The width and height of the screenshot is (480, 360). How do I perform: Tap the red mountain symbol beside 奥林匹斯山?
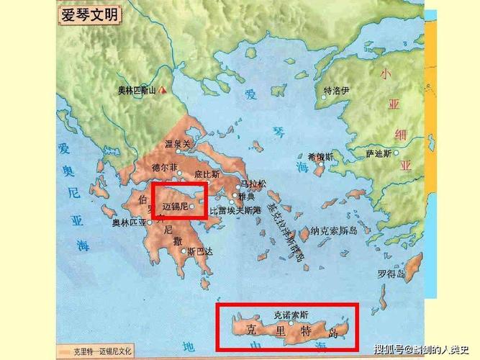[x=165, y=90]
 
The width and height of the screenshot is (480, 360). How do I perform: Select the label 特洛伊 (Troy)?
[x=336, y=91]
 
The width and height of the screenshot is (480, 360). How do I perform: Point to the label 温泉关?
[x=178, y=144]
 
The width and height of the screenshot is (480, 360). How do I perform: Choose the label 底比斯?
[x=206, y=174]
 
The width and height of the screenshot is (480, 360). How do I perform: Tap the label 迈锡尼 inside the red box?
[x=175, y=206]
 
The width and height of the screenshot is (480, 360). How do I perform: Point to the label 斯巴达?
[x=200, y=252]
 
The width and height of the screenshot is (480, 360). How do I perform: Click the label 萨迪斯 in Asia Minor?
[x=379, y=153]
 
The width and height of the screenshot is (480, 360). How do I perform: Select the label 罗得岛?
[x=391, y=274]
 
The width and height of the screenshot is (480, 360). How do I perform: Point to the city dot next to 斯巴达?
[x=184, y=252]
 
